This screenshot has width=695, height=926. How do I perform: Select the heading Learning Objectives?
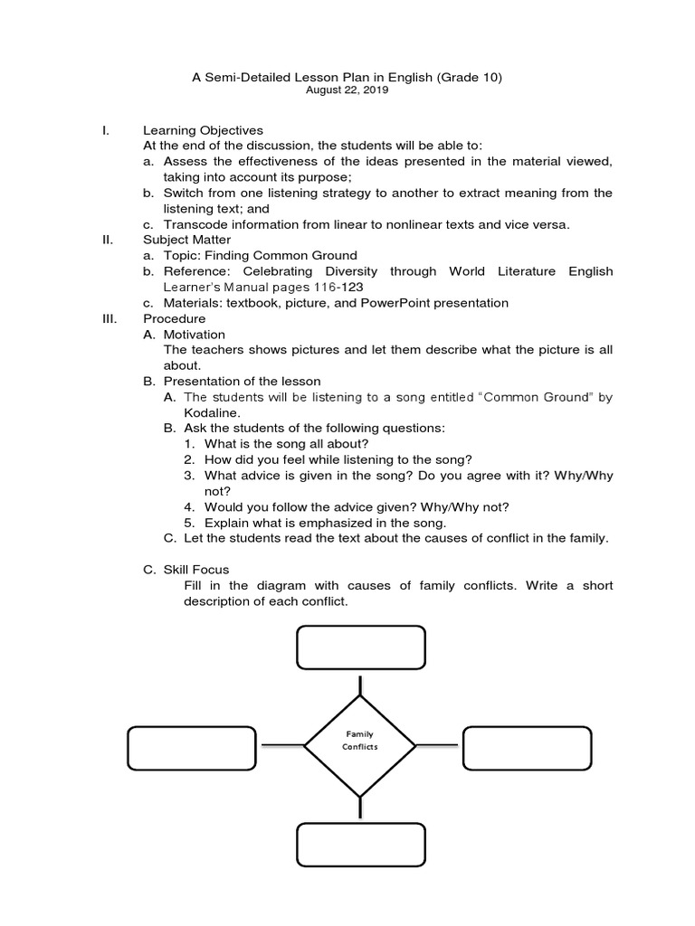click(203, 131)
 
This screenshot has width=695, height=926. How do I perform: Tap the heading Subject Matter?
click(186, 240)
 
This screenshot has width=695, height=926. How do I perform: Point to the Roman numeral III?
click(109, 318)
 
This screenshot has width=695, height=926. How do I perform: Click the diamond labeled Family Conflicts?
click(359, 746)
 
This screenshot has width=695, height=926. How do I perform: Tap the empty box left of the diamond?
click(192, 746)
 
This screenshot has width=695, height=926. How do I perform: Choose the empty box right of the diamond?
click(527, 746)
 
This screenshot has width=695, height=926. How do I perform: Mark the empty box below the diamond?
click(360, 844)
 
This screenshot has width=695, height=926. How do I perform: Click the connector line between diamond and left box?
click(281, 746)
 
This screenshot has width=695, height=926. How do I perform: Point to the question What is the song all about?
click(287, 443)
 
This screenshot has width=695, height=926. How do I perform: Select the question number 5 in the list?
click(189, 522)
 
